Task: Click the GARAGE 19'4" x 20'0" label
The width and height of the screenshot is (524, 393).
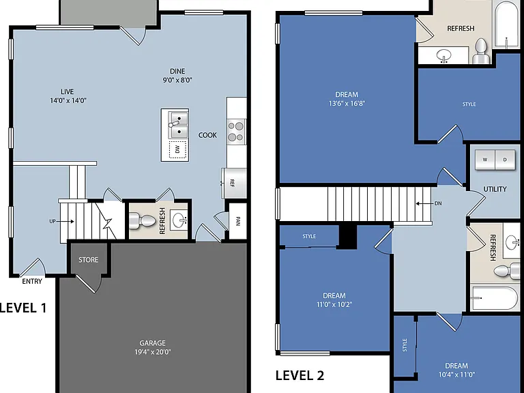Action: (x=152, y=347)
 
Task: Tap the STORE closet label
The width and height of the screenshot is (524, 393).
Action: (x=88, y=260)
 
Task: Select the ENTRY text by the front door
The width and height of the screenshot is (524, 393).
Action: (x=32, y=281)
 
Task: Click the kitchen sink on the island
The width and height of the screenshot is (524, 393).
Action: (x=178, y=125)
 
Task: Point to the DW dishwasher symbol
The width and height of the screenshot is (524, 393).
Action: (x=177, y=149)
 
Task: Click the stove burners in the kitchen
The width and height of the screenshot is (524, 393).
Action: (x=235, y=132)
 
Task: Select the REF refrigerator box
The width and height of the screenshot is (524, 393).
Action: (x=234, y=183)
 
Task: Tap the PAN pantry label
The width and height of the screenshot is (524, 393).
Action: (x=238, y=221)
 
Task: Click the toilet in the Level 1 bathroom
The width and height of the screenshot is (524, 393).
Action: (x=143, y=220)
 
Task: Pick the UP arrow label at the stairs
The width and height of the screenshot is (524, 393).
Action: (x=62, y=221)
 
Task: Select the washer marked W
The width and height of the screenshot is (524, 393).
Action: (x=485, y=160)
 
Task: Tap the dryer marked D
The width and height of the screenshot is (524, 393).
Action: (x=505, y=160)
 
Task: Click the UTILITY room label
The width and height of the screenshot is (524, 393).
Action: (x=495, y=189)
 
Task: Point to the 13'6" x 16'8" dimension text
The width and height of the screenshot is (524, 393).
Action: (x=347, y=103)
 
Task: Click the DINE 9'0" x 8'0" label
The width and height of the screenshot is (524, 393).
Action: (x=177, y=76)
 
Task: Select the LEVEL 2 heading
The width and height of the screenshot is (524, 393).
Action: (x=300, y=376)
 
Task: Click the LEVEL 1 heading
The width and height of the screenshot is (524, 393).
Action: (x=23, y=308)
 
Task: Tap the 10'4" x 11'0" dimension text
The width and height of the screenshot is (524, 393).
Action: (x=456, y=375)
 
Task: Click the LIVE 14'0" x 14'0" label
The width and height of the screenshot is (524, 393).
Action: (x=68, y=96)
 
